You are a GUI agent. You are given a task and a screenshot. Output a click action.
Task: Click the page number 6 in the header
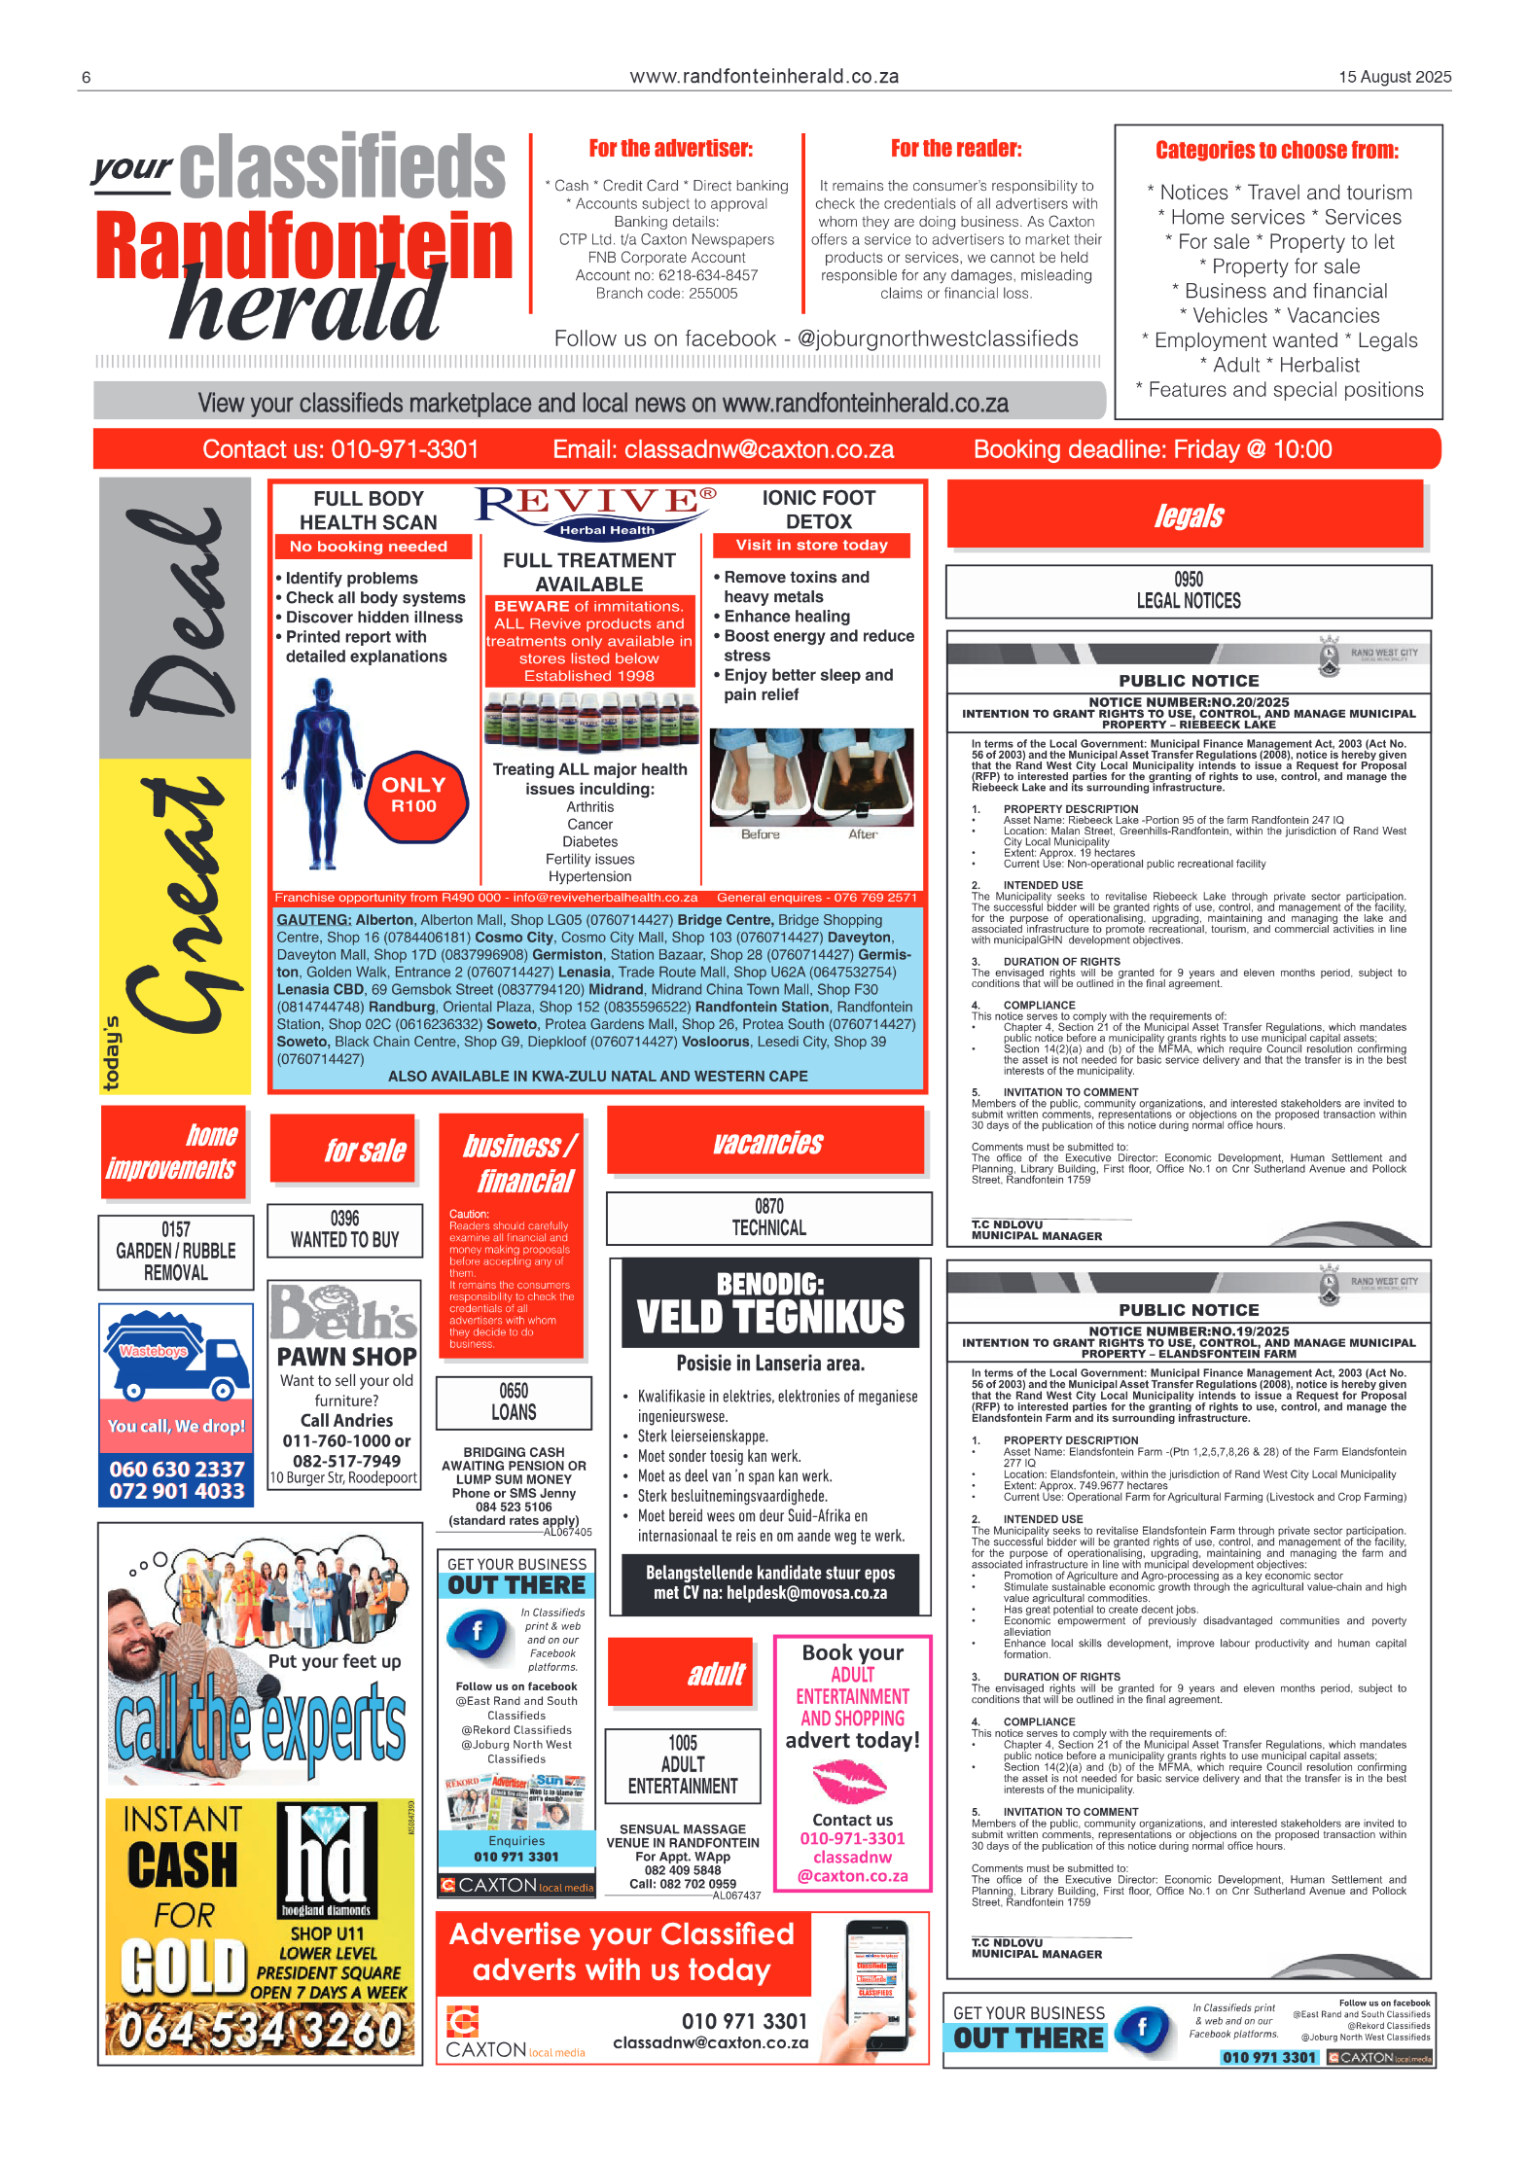87,78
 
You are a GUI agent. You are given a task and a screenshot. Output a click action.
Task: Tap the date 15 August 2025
1394,77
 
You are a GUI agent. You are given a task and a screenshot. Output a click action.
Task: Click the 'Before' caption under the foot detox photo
760,834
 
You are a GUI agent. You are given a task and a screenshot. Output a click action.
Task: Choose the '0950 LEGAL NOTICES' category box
1188,590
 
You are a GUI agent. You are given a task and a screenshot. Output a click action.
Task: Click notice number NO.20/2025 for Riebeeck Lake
1189,702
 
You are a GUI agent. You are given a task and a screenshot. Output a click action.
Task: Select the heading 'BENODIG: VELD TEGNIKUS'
770,1303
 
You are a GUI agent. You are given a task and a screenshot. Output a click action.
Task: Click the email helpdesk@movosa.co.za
806,1593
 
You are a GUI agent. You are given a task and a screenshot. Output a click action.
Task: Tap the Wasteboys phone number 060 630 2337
176,1469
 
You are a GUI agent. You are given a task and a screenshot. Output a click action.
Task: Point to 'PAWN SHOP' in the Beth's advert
346,1356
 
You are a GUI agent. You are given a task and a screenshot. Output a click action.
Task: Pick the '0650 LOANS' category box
514,1401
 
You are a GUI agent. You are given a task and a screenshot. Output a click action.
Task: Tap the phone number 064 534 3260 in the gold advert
260,2031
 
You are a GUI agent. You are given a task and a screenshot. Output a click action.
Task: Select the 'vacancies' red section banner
767,1142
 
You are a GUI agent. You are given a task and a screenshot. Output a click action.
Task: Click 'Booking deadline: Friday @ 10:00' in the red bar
1152,449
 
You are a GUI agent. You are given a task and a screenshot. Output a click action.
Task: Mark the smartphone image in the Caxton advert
875,1984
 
